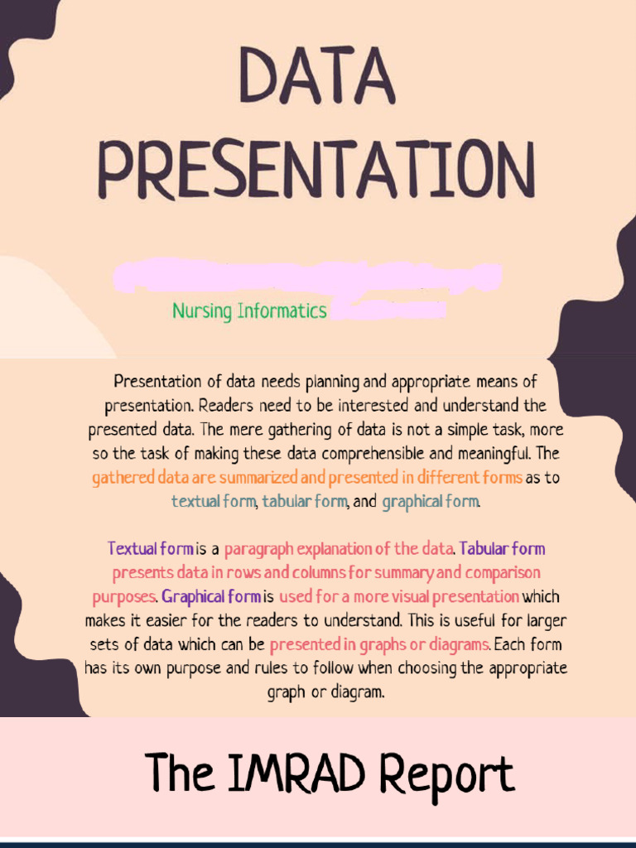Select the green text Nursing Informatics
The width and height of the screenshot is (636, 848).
tap(249, 311)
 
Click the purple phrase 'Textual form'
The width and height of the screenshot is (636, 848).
tap(151, 549)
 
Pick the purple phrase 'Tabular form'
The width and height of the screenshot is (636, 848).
tap(502, 549)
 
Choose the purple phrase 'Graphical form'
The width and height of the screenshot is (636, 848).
tap(211, 596)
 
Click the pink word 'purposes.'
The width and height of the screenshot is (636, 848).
tap(124, 596)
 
